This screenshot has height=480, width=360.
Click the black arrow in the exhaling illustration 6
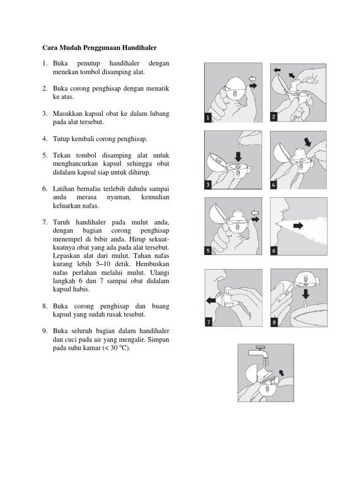(299, 226)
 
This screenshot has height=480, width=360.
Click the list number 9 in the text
(44, 331)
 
